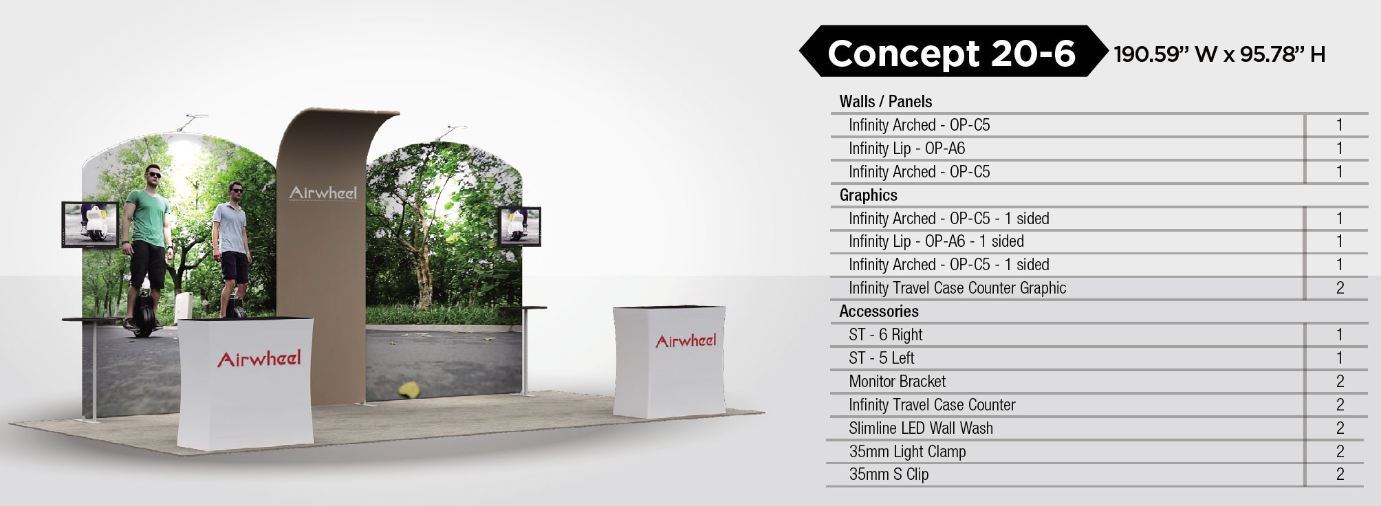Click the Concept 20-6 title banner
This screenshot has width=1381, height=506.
[x=953, y=52]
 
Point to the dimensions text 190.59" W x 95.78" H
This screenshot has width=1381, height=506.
[x=1219, y=54]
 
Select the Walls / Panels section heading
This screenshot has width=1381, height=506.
[x=885, y=102]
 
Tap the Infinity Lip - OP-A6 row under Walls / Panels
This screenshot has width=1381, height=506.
[x=906, y=148]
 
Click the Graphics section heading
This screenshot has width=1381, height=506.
[x=868, y=195]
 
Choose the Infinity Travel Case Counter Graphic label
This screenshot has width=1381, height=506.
[x=957, y=288]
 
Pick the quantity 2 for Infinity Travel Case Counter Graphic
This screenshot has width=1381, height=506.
[x=1340, y=288]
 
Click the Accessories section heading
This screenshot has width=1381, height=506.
[x=878, y=311]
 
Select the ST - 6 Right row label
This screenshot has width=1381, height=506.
[x=885, y=335]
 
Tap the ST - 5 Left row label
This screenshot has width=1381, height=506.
[x=881, y=358]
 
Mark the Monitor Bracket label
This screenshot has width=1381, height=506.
[x=897, y=382]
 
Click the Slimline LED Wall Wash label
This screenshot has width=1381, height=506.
[x=921, y=428]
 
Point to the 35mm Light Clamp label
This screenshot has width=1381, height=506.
[x=907, y=452]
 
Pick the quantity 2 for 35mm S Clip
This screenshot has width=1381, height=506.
[x=1340, y=474]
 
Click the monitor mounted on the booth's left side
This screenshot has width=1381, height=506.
[x=90, y=224]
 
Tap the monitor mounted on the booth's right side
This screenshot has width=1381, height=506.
[x=520, y=226]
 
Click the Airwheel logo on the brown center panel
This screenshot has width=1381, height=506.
[x=323, y=192]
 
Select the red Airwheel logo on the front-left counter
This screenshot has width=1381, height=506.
[x=259, y=358]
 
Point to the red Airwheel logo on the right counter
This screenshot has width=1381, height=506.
[x=686, y=340]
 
